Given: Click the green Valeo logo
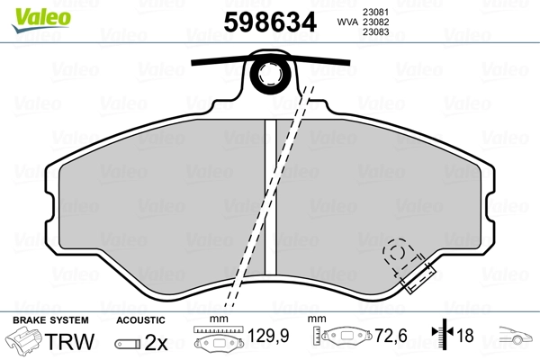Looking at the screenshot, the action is click(x=41, y=20).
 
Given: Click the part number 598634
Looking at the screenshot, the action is click(x=270, y=22).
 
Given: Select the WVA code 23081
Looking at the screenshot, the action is click(x=375, y=12).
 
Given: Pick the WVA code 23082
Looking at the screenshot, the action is click(x=375, y=22).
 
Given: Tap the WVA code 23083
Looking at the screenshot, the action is click(x=375, y=32).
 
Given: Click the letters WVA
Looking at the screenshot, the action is click(x=347, y=22).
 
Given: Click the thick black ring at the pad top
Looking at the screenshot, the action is click(x=270, y=73).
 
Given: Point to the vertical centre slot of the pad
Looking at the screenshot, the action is click(x=270, y=196).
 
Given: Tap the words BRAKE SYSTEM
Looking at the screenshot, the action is click(x=50, y=320).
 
